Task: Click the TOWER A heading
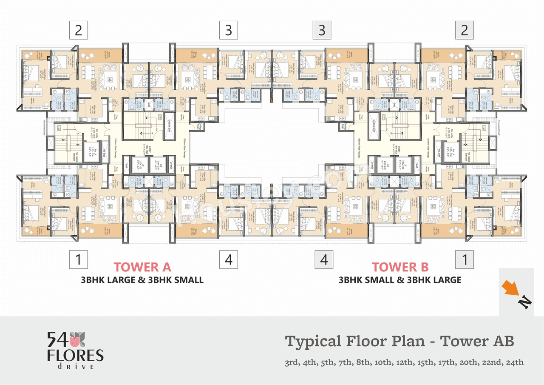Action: pyautogui.click(x=142, y=267)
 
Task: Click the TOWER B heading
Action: pyautogui.click(x=400, y=267)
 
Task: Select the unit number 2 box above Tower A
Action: pyautogui.click(x=78, y=30)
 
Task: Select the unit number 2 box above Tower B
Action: pyautogui.click(x=464, y=30)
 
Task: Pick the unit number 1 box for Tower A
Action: pyautogui.click(x=78, y=260)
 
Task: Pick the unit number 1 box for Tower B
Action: pyautogui.click(x=464, y=260)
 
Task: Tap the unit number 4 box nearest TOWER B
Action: pyautogui.click(x=324, y=260)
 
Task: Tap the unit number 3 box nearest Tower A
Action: pyautogui.click(x=229, y=30)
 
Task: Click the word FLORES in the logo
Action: pyautogui.click(x=75, y=355)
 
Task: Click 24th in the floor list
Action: pyautogui.click(x=514, y=363)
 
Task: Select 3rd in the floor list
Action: pyautogui.click(x=292, y=363)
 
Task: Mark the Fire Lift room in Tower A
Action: pyautogui.click(x=93, y=151)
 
